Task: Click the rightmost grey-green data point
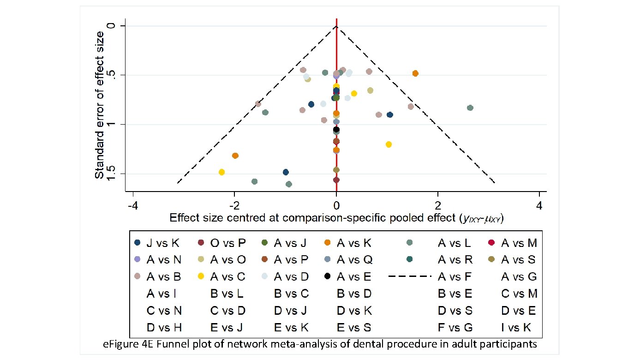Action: point(470,108)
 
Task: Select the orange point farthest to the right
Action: point(415,73)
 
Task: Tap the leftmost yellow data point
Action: point(221,172)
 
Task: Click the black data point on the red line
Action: point(336,130)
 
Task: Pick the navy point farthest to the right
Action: point(390,114)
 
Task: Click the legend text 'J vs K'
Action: point(162,243)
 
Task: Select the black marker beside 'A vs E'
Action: point(327,276)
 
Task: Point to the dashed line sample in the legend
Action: point(410,276)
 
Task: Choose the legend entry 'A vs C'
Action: point(227,277)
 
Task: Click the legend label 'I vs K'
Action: point(516,328)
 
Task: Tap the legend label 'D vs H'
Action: point(164,328)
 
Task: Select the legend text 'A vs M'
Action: point(519,243)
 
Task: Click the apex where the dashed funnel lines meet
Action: point(336,26)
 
